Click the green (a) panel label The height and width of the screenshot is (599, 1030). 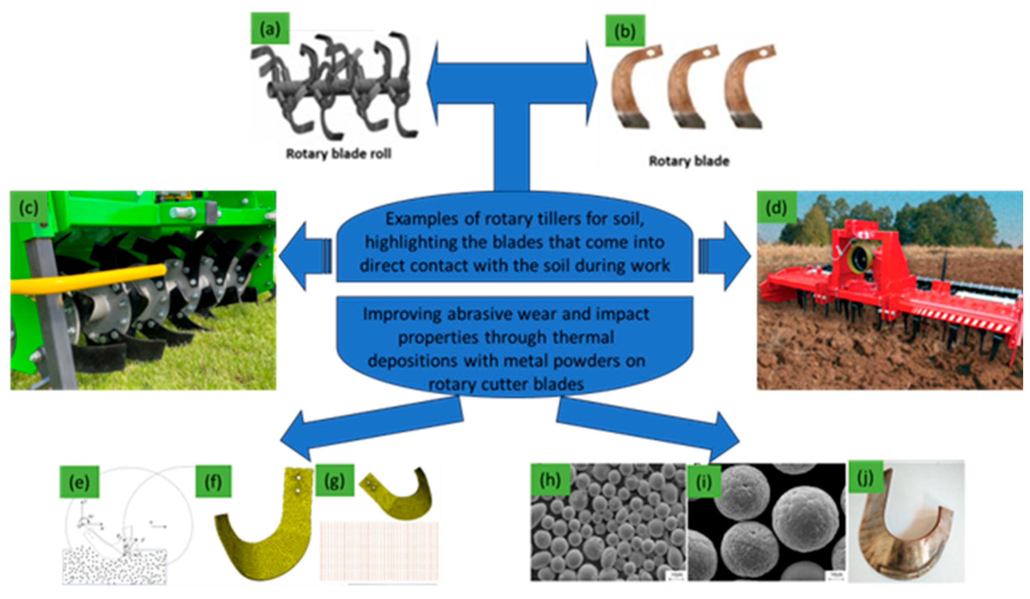[270, 30]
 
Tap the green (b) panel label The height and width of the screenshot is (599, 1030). [625, 31]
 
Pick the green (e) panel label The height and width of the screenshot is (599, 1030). [79, 483]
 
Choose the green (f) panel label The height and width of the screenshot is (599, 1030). [213, 483]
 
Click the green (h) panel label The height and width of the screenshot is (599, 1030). [550, 481]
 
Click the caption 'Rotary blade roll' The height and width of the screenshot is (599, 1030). [338, 154]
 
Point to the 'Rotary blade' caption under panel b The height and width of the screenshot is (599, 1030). [689, 161]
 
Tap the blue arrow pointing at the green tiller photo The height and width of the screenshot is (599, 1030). [302, 256]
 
